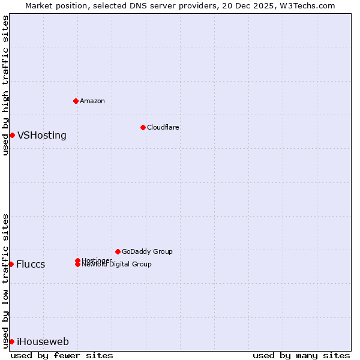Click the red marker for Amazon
(76, 101)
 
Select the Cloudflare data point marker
(143, 127)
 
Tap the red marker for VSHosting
(12, 135)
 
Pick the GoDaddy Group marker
(118, 251)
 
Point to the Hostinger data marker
(77, 260)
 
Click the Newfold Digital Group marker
(77, 265)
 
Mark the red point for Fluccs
(11, 264)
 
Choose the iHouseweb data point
(11, 341)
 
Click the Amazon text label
(92, 101)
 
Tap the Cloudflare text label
(163, 127)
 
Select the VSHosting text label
(42, 136)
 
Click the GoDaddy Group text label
(147, 251)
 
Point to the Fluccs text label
(31, 265)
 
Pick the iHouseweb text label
(43, 342)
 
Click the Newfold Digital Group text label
(117, 265)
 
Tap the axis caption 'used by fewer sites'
(62, 355)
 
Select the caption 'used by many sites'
(301, 355)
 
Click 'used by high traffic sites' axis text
(5, 85)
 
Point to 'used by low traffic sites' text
(5, 280)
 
